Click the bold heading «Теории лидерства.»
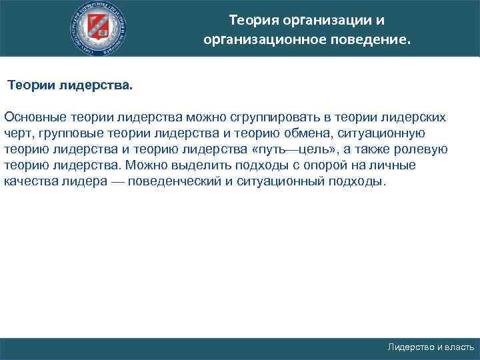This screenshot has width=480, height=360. pyautogui.click(x=70, y=86)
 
